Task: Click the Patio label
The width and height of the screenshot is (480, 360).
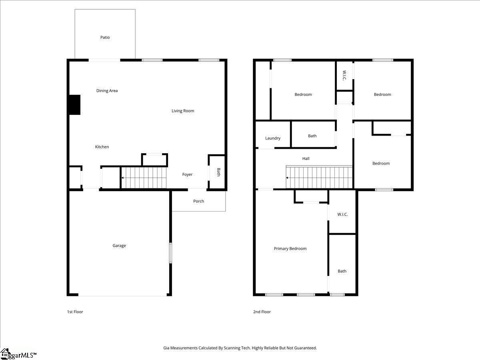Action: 105,38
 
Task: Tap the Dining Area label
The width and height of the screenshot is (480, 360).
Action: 107,91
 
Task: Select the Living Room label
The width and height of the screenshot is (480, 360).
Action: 183,111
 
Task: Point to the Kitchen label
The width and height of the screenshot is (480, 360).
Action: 102,147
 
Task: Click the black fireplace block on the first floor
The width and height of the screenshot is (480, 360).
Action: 74,105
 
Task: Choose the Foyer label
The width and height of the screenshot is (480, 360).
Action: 187,174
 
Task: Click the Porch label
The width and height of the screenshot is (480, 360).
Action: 198,201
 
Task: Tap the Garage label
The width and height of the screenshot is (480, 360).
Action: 119,246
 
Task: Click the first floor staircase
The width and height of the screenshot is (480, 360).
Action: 144,177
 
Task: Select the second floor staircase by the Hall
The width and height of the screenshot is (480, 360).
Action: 319,177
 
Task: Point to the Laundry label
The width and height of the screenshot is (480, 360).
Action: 272,138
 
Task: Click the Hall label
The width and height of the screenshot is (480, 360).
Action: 306,159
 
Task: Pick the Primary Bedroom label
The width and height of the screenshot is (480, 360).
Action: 290,249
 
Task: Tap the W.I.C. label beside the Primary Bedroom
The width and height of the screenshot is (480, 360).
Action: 342,214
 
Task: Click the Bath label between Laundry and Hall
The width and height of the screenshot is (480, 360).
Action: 312,136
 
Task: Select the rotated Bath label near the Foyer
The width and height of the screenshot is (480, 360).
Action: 218,172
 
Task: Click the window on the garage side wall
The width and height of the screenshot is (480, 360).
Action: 170,253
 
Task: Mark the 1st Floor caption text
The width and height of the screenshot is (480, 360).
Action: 75,312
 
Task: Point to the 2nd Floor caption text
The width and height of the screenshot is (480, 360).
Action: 262,312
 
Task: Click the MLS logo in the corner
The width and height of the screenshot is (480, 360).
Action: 18,354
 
